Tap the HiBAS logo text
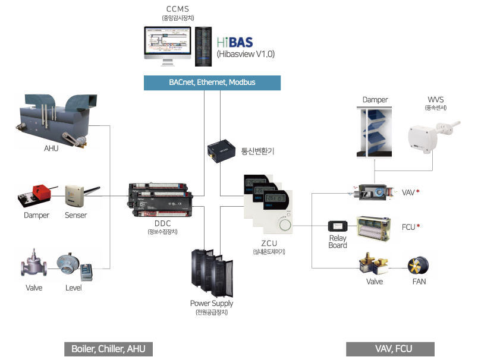[235, 42]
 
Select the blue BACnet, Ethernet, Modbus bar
[212, 83]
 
